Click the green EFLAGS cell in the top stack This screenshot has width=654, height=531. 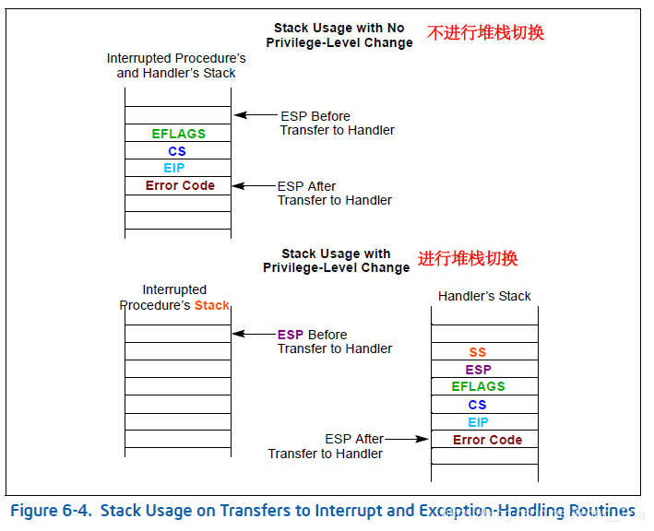click(178, 134)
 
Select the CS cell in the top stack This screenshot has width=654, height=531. click(177, 151)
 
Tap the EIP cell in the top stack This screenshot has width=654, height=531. click(174, 168)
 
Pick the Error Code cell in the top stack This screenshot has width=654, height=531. click(180, 185)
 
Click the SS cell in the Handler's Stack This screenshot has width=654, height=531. click(477, 352)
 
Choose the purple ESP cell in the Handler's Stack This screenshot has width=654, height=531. click(478, 370)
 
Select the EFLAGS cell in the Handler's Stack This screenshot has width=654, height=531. click(478, 386)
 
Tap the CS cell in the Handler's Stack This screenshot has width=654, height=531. click(477, 405)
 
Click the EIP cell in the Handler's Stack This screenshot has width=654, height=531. click(478, 422)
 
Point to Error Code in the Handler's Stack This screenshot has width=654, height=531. click(487, 440)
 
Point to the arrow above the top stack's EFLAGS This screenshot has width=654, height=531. click(254, 115)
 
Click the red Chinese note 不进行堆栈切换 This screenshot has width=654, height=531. click(485, 33)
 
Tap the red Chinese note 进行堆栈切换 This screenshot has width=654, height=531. click(468, 259)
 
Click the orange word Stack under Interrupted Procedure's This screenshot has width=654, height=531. click(211, 305)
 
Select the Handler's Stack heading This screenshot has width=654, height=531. click(484, 296)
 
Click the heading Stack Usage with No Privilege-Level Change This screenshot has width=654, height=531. click(339, 35)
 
